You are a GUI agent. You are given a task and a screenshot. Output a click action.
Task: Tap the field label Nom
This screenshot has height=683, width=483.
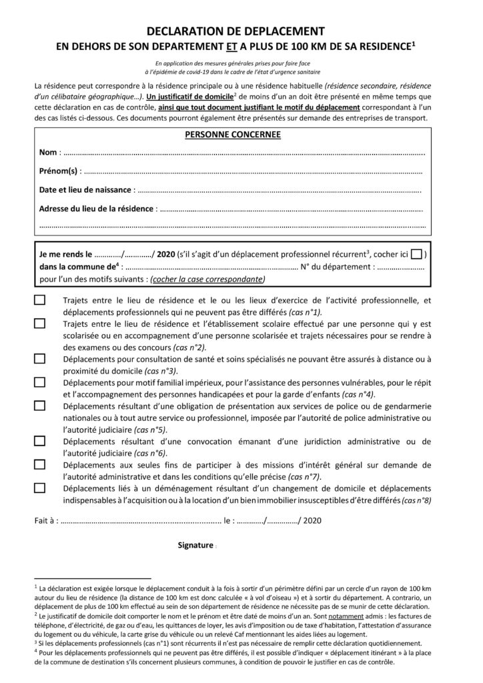click(48, 153)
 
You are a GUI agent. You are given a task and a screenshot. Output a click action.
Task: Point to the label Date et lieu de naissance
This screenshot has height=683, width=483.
click(86, 190)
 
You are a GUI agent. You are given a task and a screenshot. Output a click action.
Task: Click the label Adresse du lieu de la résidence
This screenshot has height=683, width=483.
click(96, 209)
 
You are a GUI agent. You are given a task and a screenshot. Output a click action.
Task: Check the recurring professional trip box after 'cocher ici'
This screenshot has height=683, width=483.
click(416, 253)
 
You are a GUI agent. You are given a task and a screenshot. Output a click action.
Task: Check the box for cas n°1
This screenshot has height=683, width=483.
click(40, 300)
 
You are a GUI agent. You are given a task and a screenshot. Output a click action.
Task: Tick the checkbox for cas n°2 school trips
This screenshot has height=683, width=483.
click(40, 323)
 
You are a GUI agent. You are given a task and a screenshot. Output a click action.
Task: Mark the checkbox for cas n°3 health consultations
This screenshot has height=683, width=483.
click(40, 359)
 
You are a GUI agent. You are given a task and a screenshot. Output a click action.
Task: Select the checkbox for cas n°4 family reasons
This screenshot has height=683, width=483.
click(40, 382)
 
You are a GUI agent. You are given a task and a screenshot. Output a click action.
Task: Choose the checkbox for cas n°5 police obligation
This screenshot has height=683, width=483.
click(40, 406)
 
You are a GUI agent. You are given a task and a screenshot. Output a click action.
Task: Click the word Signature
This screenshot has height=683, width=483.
click(195, 545)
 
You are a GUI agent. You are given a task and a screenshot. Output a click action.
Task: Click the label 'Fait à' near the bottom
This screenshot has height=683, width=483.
click(45, 519)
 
